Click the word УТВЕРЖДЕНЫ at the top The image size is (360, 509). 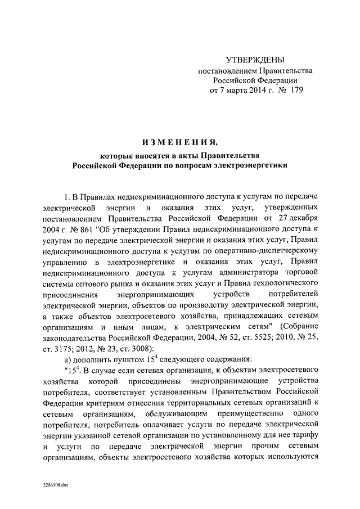pos(252,59)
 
